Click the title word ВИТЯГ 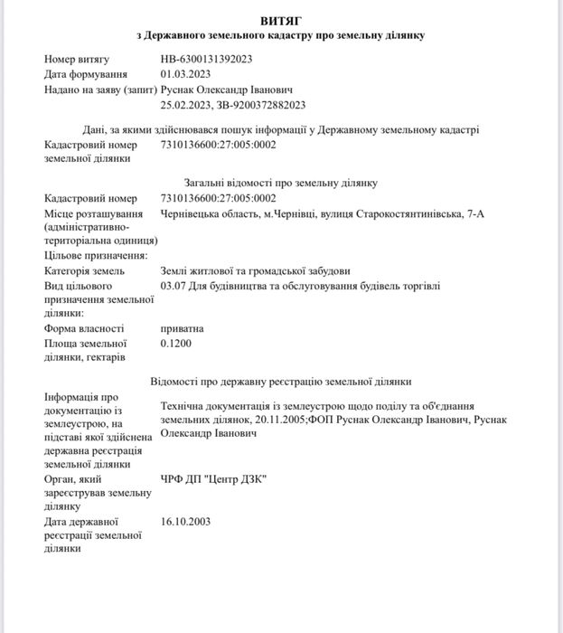[280, 19]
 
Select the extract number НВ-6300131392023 [206, 59]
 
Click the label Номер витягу [77, 59]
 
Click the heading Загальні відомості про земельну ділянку [280, 183]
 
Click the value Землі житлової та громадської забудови [254, 270]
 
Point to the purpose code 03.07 [173, 286]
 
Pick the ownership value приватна [182, 328]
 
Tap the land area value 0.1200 [175, 344]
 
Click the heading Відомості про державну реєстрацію [280, 381]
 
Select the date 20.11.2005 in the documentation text [277, 420]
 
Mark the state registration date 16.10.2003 [183, 522]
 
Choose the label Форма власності [84, 328]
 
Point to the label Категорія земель [85, 270]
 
